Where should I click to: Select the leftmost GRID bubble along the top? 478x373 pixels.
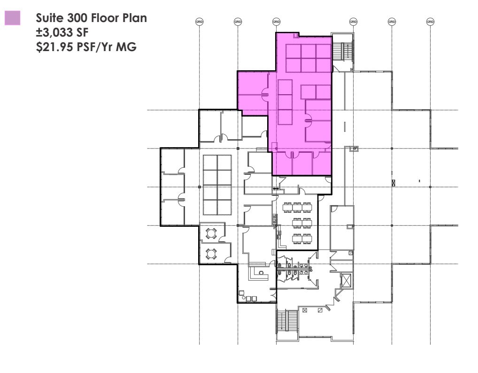199,21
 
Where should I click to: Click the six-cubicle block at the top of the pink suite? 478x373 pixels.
308,58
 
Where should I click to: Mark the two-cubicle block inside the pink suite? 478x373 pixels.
316,92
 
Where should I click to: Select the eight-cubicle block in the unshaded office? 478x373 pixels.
217,185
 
